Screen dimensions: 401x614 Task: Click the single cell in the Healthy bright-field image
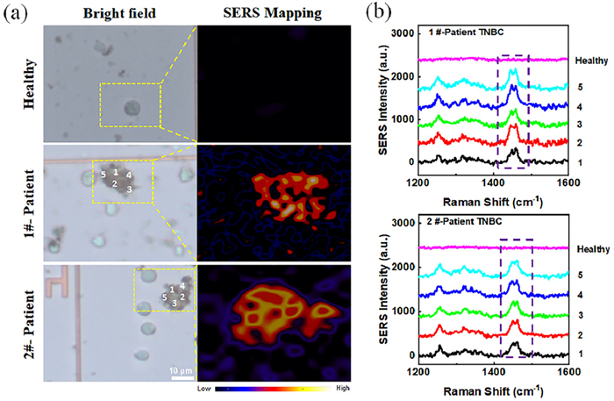[x=132, y=109]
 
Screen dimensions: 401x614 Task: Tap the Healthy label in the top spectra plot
[x=587, y=61]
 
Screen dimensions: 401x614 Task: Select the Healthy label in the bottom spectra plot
[x=587, y=249]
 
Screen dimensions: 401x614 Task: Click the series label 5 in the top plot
[x=580, y=88]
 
